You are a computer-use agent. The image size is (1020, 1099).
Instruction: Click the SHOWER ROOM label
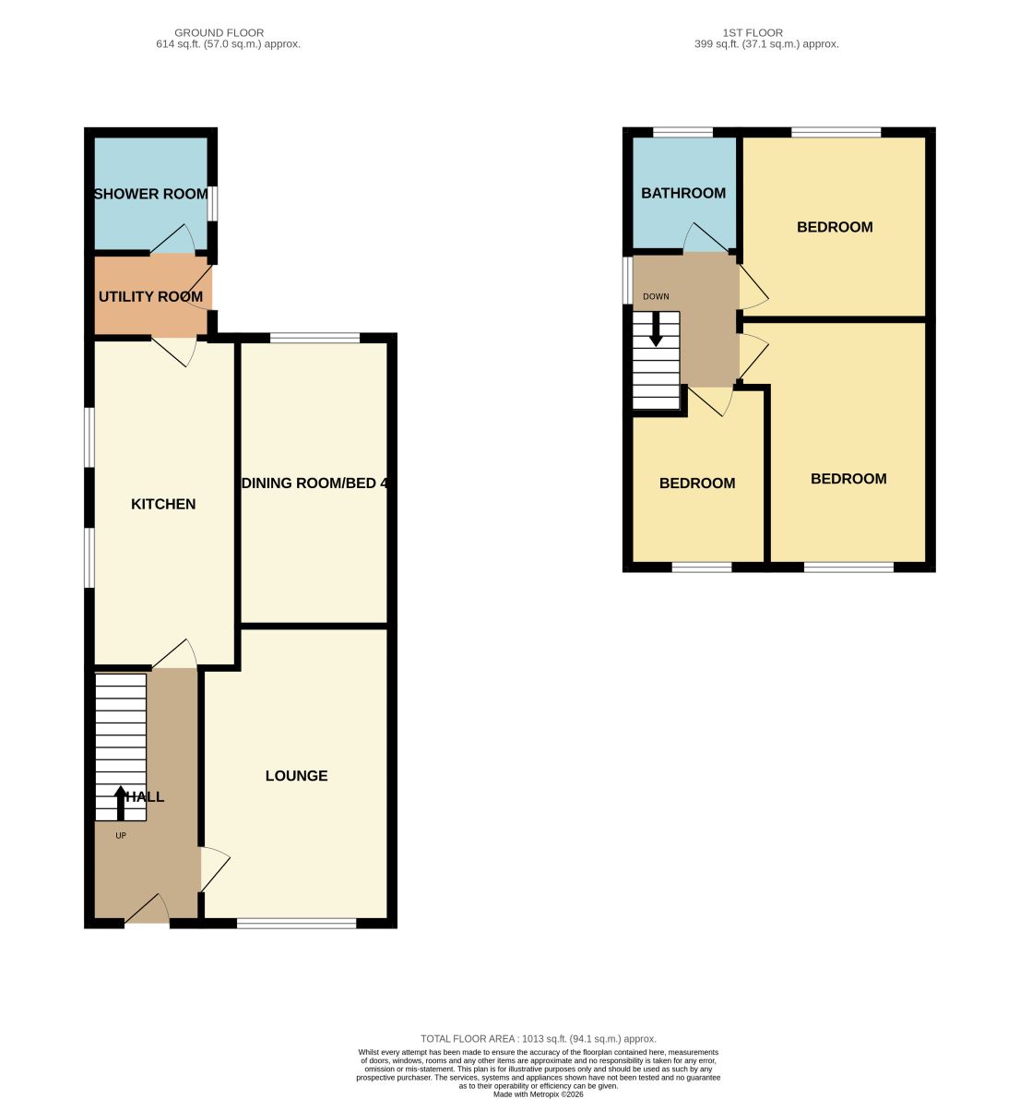[x=150, y=194]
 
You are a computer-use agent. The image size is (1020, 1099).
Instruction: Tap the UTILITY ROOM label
[x=150, y=296]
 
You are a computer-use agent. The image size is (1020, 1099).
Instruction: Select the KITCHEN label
[x=163, y=504]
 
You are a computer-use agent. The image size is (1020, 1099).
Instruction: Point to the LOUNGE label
[x=296, y=776]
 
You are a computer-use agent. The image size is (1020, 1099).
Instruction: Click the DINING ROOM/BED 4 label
[x=314, y=483]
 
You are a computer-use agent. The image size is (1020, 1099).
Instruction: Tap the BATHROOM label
[x=683, y=193]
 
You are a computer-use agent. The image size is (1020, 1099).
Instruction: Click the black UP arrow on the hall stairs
[x=121, y=803]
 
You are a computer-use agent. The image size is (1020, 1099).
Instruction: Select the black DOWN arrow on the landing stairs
[x=656, y=329]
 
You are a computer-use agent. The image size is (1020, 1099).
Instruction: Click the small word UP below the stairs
[x=121, y=835]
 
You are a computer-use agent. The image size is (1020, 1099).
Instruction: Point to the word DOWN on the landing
[x=656, y=296]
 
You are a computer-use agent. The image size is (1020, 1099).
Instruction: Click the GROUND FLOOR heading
[x=219, y=32]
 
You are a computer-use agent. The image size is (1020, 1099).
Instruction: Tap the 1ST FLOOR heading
[x=753, y=32]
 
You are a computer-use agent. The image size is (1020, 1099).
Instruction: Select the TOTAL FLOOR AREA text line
[x=538, y=1039]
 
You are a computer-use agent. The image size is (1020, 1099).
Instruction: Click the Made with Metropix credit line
[x=538, y=1094]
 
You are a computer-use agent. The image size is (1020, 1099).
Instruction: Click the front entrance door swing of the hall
[x=148, y=909]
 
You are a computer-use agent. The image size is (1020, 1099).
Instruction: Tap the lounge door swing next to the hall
[x=215, y=870]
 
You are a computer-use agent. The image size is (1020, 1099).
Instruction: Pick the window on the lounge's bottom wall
[x=297, y=923]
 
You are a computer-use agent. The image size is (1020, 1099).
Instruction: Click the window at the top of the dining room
[x=314, y=338]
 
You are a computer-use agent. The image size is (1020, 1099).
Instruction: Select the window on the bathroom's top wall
[x=683, y=132]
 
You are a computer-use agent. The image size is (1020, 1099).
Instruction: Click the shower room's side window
[x=212, y=203]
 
